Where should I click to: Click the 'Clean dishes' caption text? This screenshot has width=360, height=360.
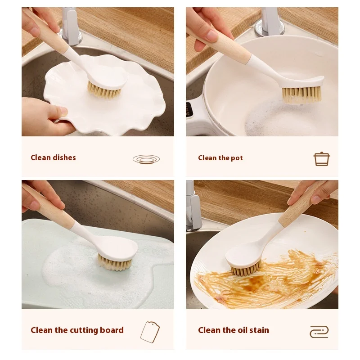[x=53, y=157]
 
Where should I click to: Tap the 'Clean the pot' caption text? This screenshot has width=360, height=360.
[x=220, y=158]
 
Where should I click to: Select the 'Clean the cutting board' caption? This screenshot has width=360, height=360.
[x=77, y=330]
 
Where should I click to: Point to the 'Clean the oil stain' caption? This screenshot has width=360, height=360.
[x=233, y=330]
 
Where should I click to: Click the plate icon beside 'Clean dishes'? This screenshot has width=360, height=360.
[x=146, y=158]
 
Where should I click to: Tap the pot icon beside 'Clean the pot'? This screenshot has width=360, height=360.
[x=321, y=159]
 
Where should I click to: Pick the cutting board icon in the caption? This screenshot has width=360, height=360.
[x=150, y=332]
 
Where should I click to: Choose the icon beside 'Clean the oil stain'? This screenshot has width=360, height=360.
[x=319, y=332]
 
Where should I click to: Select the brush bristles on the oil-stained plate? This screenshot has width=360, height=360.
[x=246, y=270]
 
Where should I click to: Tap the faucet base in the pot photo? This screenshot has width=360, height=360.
[x=270, y=25]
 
